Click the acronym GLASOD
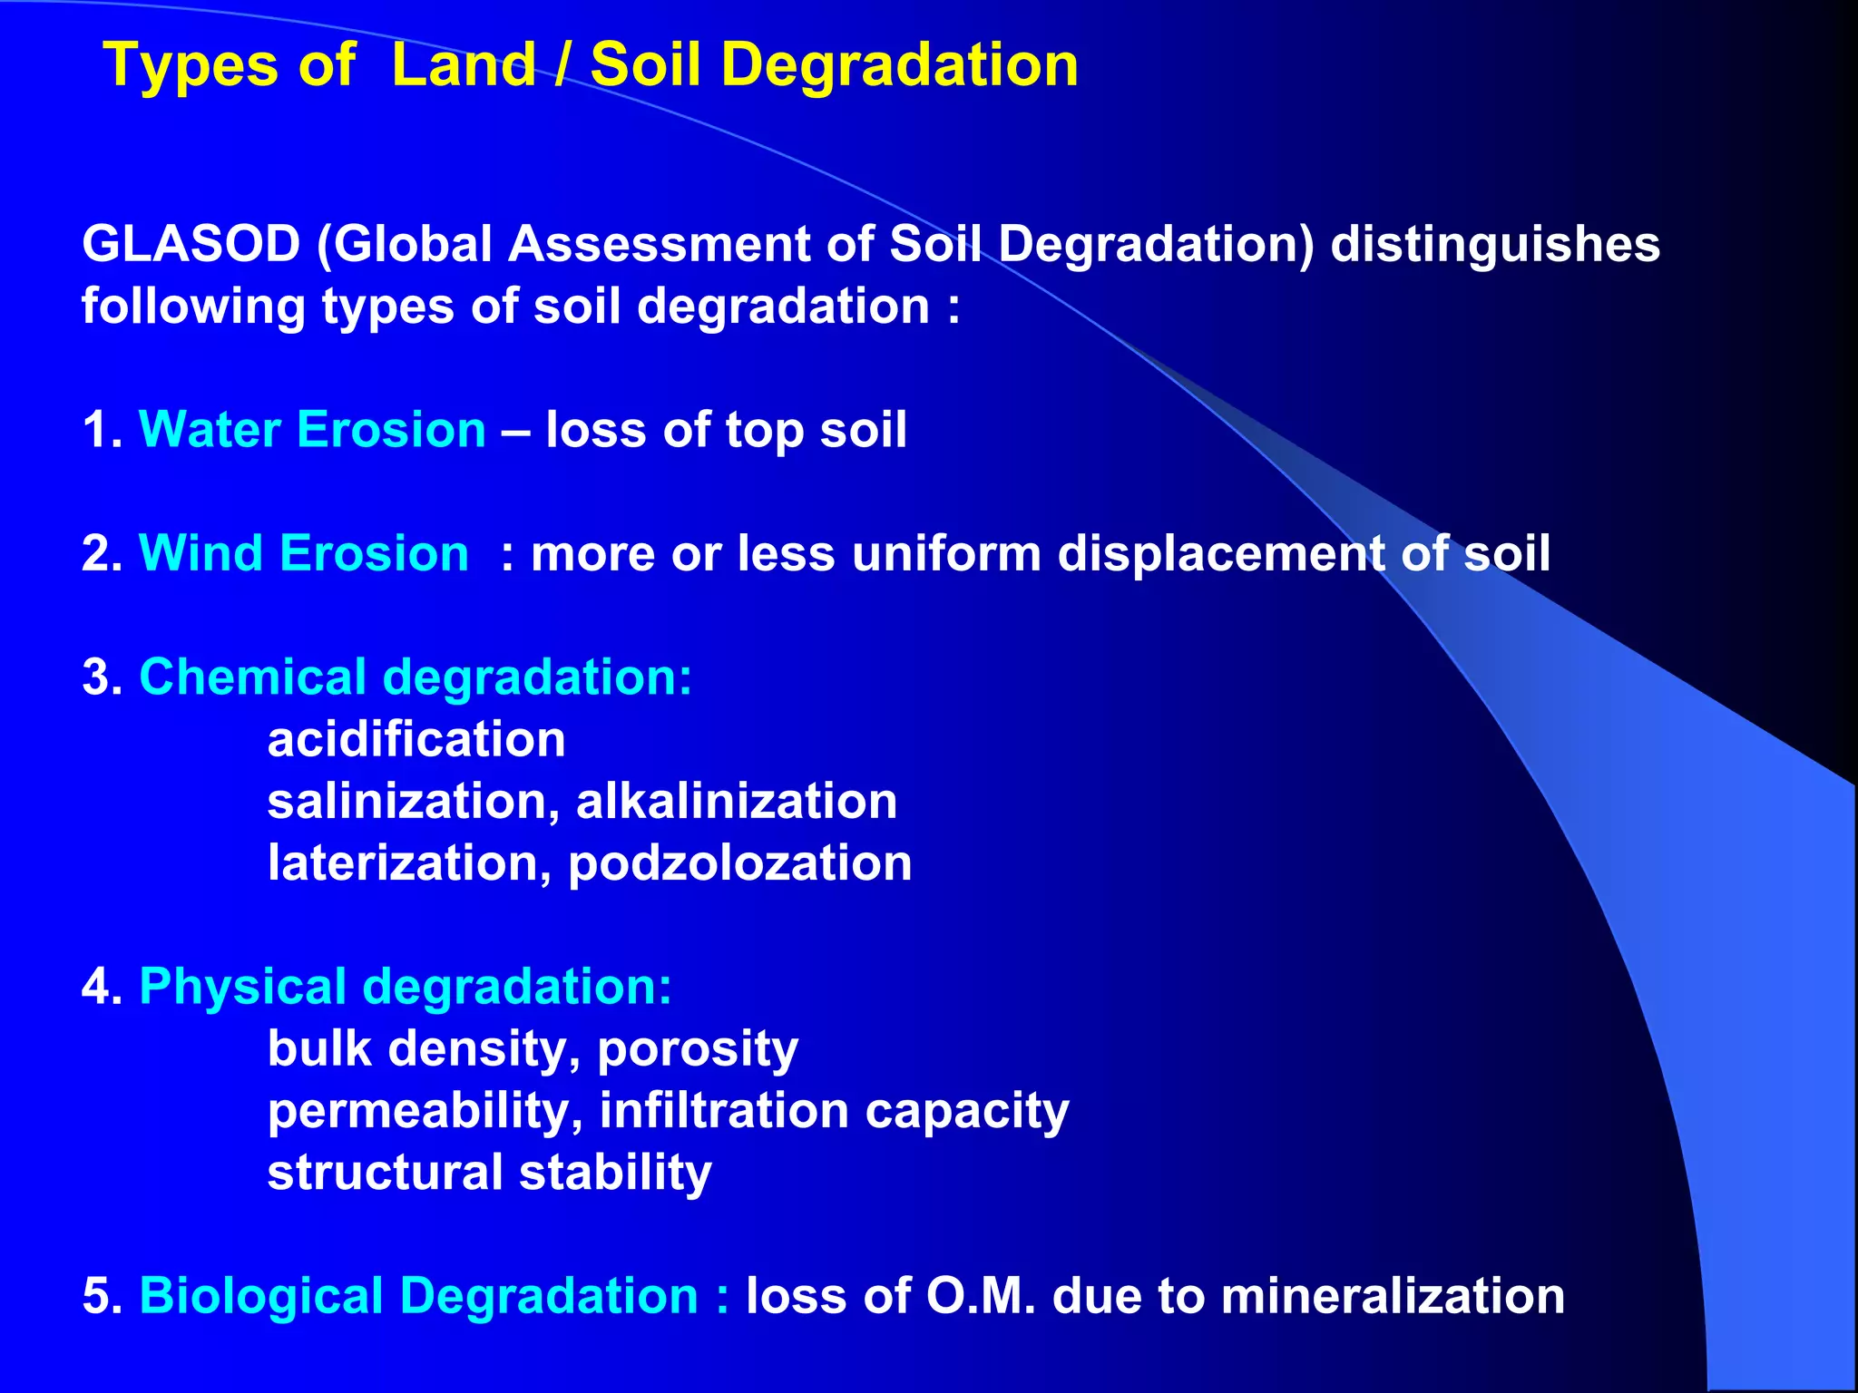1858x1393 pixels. pyautogui.click(x=191, y=245)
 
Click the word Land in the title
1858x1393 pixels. pyautogui.click(x=464, y=65)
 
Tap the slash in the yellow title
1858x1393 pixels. pyautogui.click(x=562, y=65)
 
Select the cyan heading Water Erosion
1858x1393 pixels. pyautogui.click(x=312, y=430)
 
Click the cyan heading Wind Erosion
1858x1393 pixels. pyautogui.click(x=303, y=553)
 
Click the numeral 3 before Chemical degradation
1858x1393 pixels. pyautogui.click(x=95, y=677)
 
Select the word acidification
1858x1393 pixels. pyautogui.click(x=416, y=739)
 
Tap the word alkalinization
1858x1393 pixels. pyautogui.click(x=736, y=801)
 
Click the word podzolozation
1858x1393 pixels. pyautogui.click(x=739, y=862)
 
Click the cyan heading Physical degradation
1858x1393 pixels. pyautogui.click(x=406, y=987)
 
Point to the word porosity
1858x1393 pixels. pyautogui.click(x=697, y=1050)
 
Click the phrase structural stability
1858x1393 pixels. pyautogui.click(x=489, y=1173)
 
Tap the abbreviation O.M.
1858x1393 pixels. pyautogui.click(x=980, y=1296)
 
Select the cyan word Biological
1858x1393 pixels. pyautogui.click(x=261, y=1296)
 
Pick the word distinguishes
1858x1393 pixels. pyautogui.click(x=1495, y=245)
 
